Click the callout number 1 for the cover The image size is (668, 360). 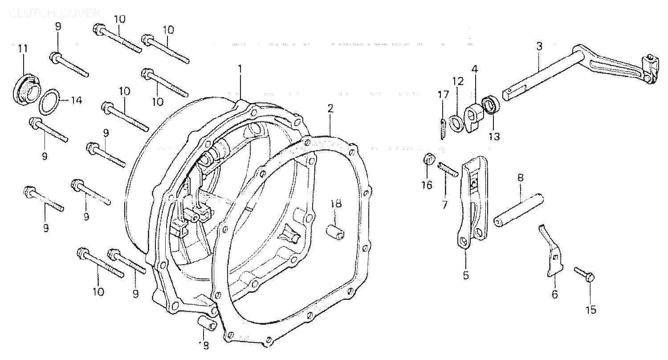coord(240,70)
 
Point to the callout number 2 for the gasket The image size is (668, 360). coord(330,108)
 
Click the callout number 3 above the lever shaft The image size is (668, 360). coord(539,46)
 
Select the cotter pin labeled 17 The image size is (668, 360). coord(442,129)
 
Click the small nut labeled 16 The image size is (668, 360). coord(428,159)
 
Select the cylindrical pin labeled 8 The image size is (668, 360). coord(518,210)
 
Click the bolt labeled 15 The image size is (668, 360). coord(584,274)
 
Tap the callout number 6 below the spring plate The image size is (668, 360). coord(554,295)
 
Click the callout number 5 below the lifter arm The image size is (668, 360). coord(466,275)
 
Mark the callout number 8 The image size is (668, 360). coord(520,178)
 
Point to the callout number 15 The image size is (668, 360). coord(591,310)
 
